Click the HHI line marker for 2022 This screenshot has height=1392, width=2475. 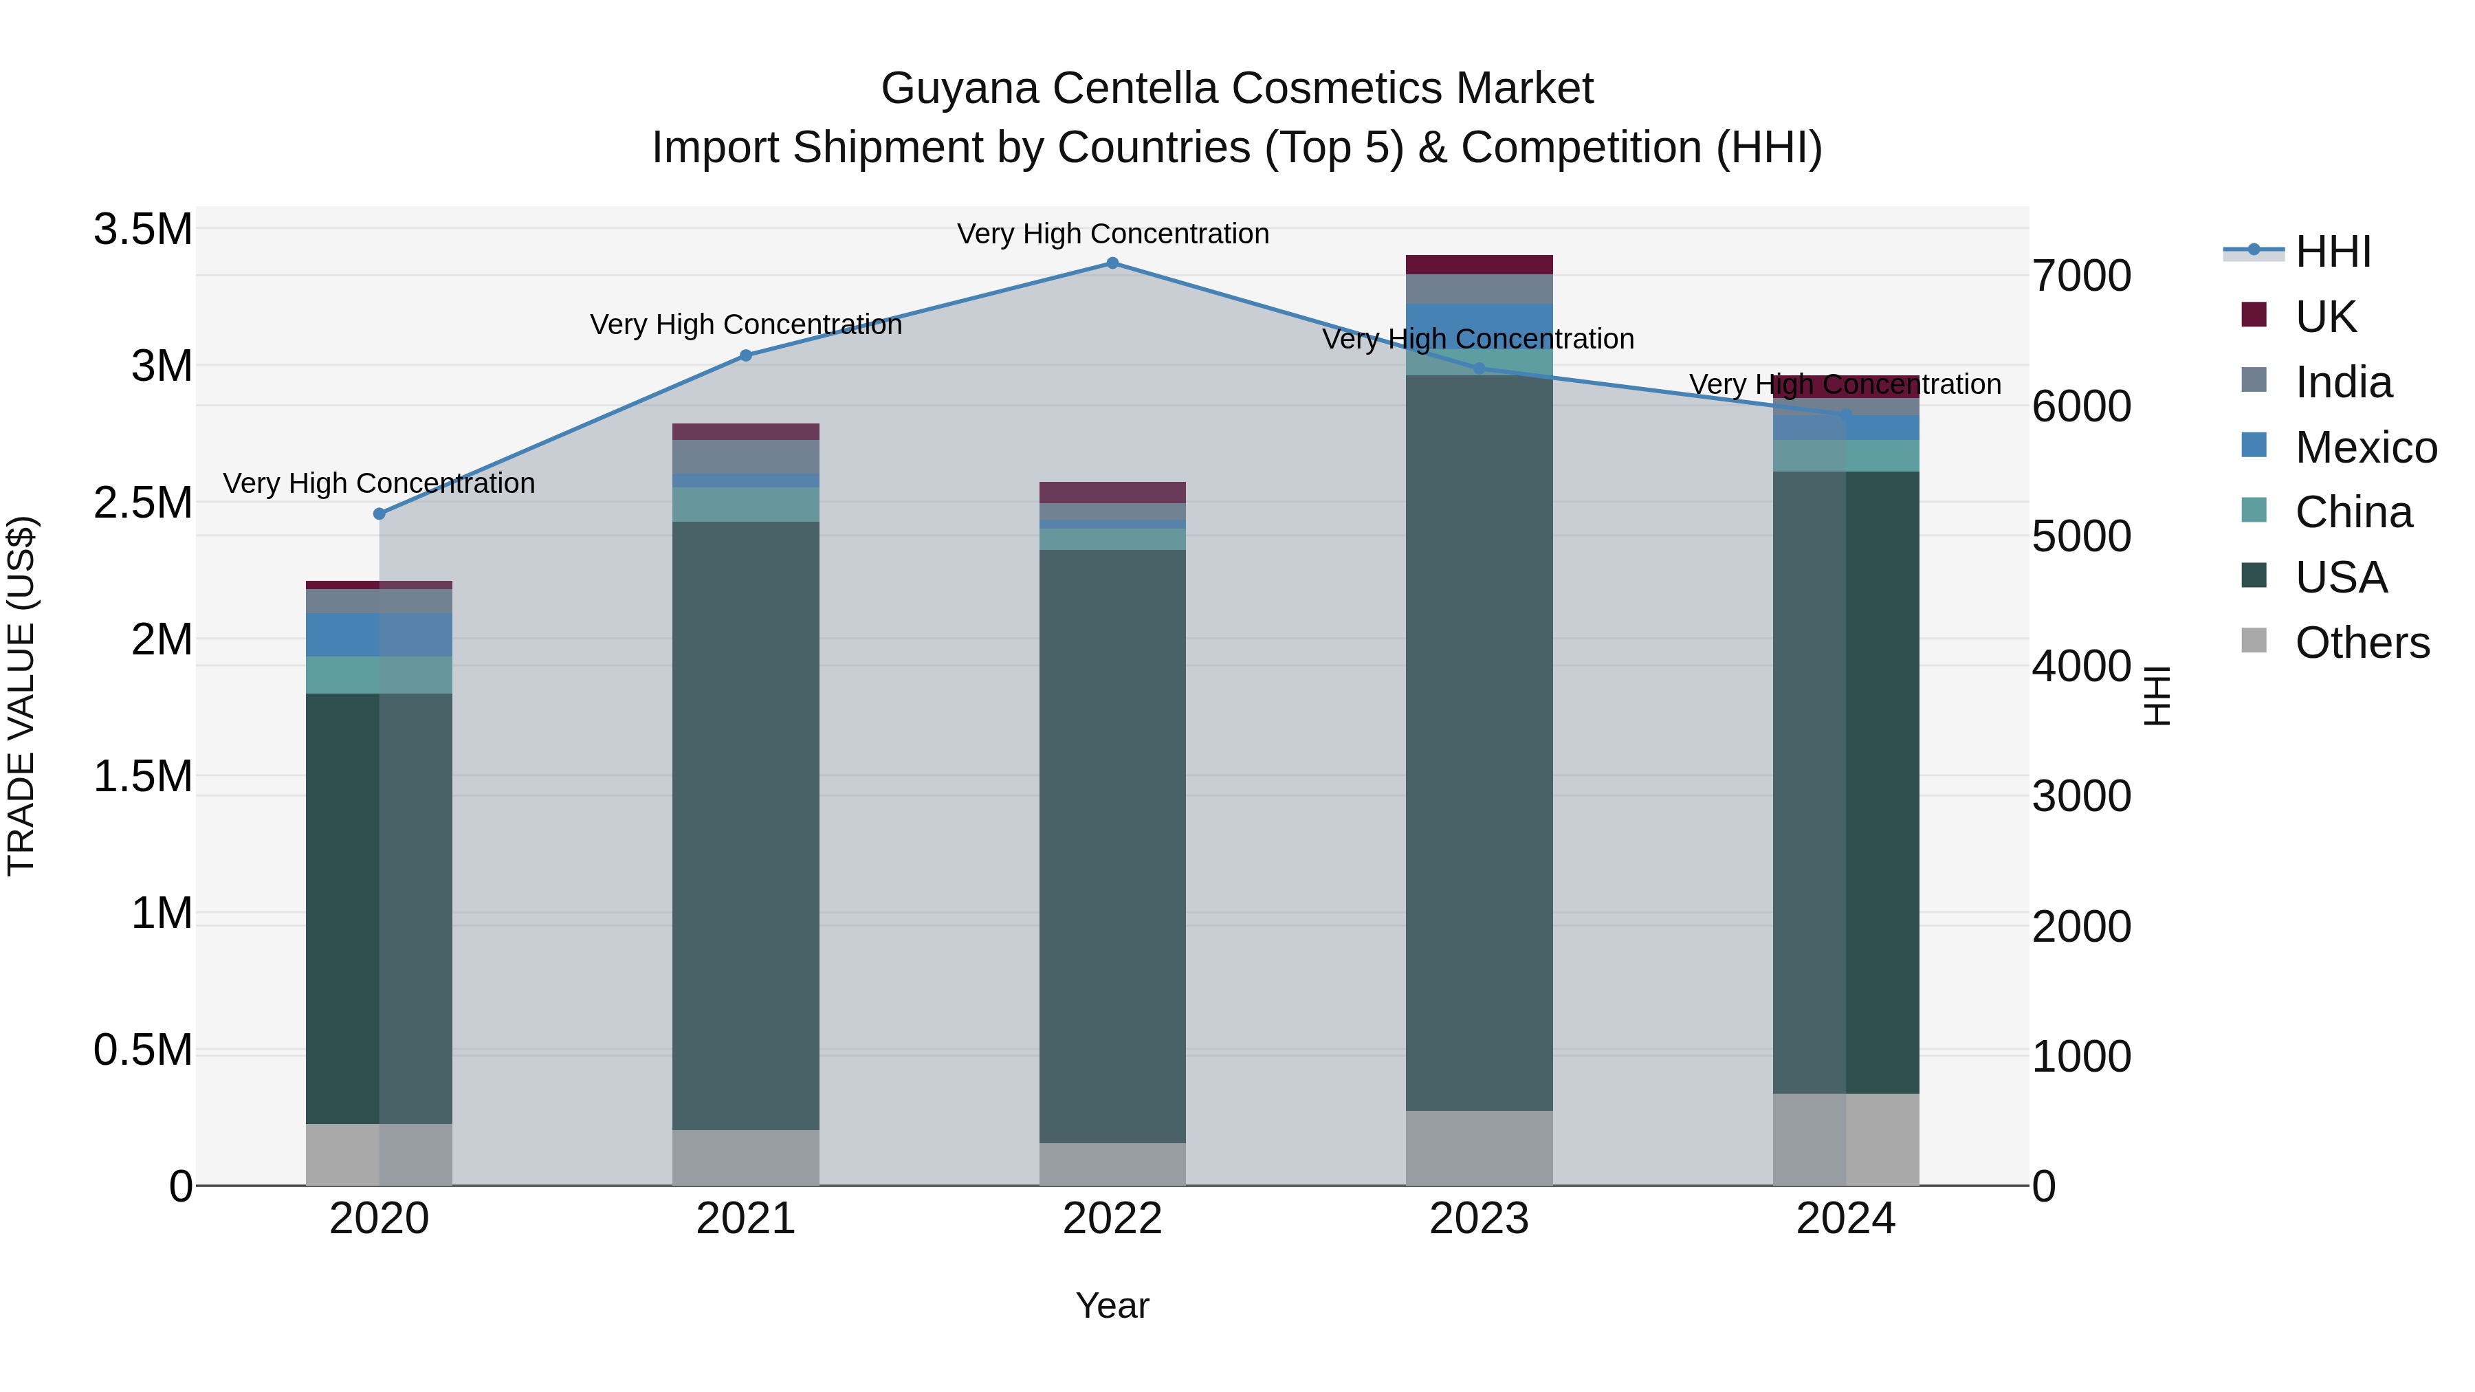[x=1112, y=263]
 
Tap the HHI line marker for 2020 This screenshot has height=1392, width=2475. [x=379, y=514]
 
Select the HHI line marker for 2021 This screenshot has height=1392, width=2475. [x=745, y=355]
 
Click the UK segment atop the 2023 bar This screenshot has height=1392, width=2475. [x=1479, y=265]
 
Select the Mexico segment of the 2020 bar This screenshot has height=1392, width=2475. [x=379, y=635]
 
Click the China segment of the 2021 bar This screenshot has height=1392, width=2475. [x=745, y=505]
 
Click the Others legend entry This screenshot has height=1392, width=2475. [x=2362, y=643]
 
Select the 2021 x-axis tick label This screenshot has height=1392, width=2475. [x=745, y=1219]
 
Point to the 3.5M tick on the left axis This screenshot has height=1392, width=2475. [x=142, y=230]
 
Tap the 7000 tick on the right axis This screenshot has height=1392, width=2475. [x=2081, y=276]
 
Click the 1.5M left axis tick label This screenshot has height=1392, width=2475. [x=142, y=776]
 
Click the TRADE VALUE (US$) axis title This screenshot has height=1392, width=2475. [x=21, y=696]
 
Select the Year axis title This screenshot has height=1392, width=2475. [x=1112, y=1305]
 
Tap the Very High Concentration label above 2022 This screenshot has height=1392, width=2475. [x=1112, y=234]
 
